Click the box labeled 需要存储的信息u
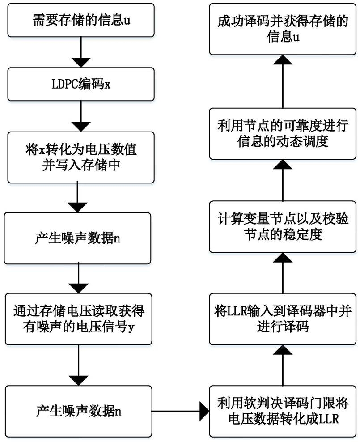(81, 20)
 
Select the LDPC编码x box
(81, 84)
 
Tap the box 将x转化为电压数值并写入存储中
(81, 157)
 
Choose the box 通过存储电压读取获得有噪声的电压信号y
(78, 319)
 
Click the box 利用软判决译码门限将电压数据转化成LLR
(283, 411)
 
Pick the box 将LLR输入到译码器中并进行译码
(283, 319)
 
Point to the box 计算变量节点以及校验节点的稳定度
(283, 227)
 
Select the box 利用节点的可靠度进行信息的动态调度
(283, 134)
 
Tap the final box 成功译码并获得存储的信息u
(283, 30)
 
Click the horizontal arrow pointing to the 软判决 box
(181, 411)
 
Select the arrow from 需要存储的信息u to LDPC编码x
(81, 52)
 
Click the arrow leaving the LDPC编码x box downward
(81, 116)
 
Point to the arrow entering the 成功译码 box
(283, 82)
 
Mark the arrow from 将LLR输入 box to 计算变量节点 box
(283, 273)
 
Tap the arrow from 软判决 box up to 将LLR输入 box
(283, 365)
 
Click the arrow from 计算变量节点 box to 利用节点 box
(283, 180)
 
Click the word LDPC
(65, 84)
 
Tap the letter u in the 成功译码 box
(296, 38)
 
